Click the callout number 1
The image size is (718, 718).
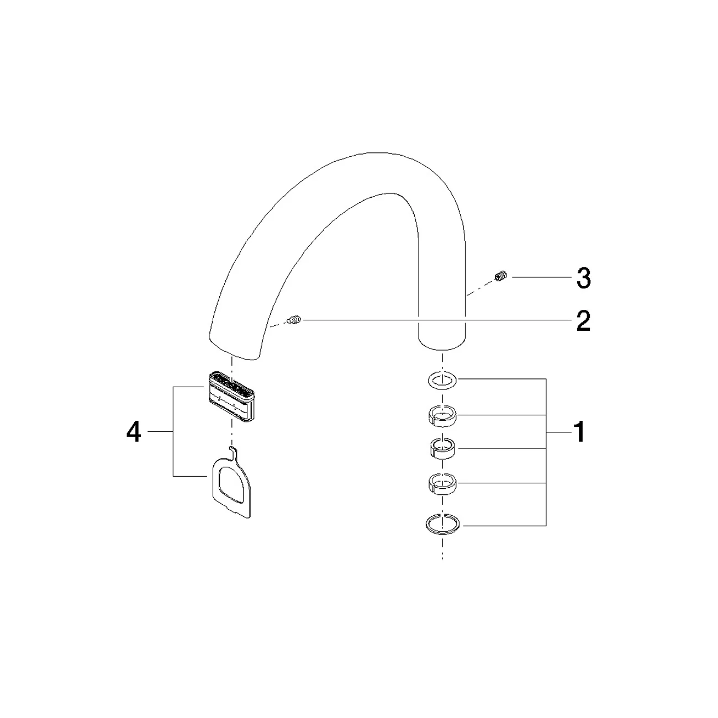point(579,432)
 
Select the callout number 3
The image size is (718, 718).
point(583,278)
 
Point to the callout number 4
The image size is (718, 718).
point(134,432)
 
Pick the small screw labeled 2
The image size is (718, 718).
point(294,320)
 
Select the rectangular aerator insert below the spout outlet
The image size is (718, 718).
point(231,397)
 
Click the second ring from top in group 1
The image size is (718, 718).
point(442,416)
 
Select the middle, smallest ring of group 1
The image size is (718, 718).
point(442,448)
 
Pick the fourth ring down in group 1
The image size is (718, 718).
point(442,483)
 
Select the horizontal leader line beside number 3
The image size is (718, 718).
point(542,277)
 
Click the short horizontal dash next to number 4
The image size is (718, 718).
point(161,432)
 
